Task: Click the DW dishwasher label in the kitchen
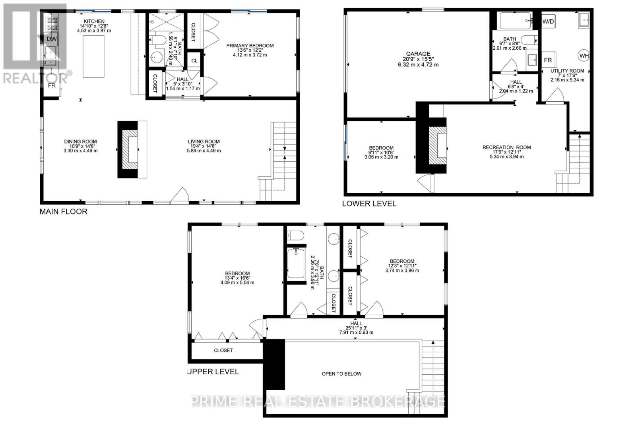[x=52, y=39]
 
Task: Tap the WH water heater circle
[x=584, y=56]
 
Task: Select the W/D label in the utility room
[x=548, y=21]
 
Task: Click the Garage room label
[x=418, y=54]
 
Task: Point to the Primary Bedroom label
[x=250, y=46]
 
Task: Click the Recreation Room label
[x=506, y=147]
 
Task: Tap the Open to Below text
[x=341, y=374]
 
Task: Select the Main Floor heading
[x=63, y=211]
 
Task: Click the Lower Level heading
[x=369, y=203]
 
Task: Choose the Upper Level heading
[x=214, y=372]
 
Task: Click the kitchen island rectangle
[x=93, y=56]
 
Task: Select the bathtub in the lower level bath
[x=515, y=20]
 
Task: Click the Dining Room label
[x=81, y=141]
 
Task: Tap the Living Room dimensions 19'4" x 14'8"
[x=204, y=146]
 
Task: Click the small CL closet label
[x=194, y=61]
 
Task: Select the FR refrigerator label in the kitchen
[x=52, y=85]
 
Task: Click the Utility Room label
[x=567, y=71]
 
